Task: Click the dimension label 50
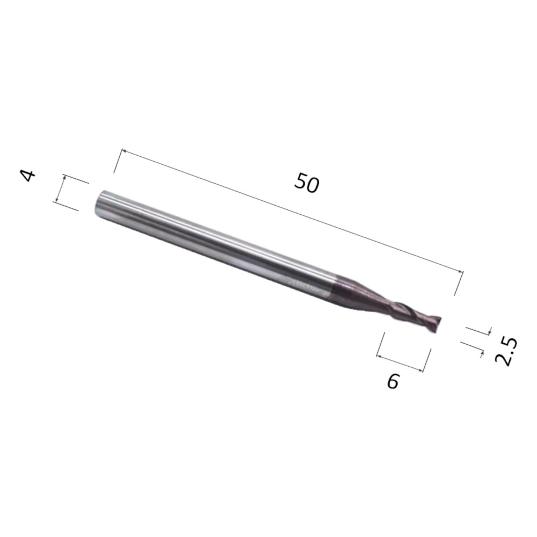coord(307,183)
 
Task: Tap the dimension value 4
coord(28,175)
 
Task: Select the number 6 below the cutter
coord(393,381)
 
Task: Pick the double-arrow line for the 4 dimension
coord(60,188)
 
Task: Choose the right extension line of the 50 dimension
coord(459,282)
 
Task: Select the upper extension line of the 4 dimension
coord(76,179)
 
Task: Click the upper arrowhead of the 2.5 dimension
coord(488,331)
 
